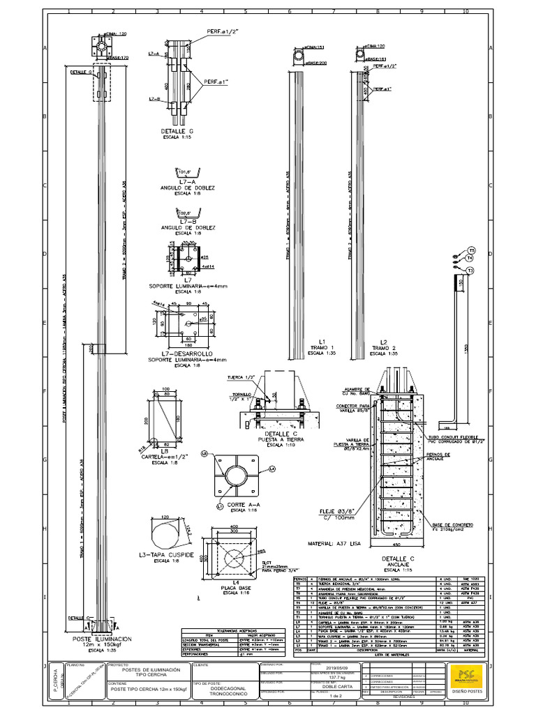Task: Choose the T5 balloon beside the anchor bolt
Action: pos(470,250)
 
